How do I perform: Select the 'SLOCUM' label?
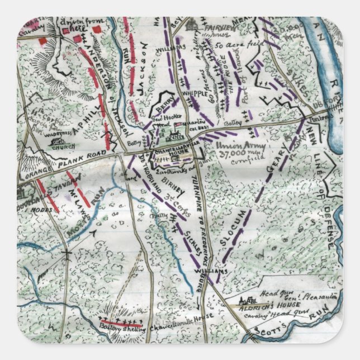(x=230, y=228)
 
